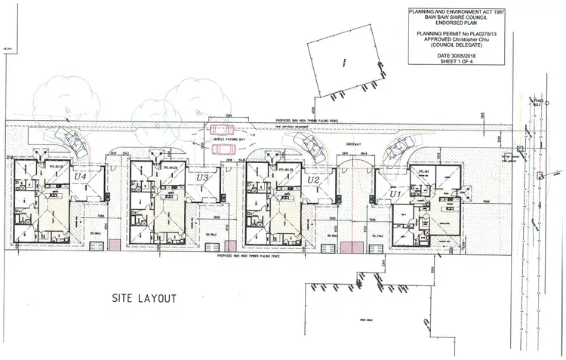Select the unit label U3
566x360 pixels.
point(201,178)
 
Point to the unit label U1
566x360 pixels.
point(394,195)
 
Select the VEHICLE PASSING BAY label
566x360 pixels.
point(230,140)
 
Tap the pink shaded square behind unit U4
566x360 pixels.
point(115,245)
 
